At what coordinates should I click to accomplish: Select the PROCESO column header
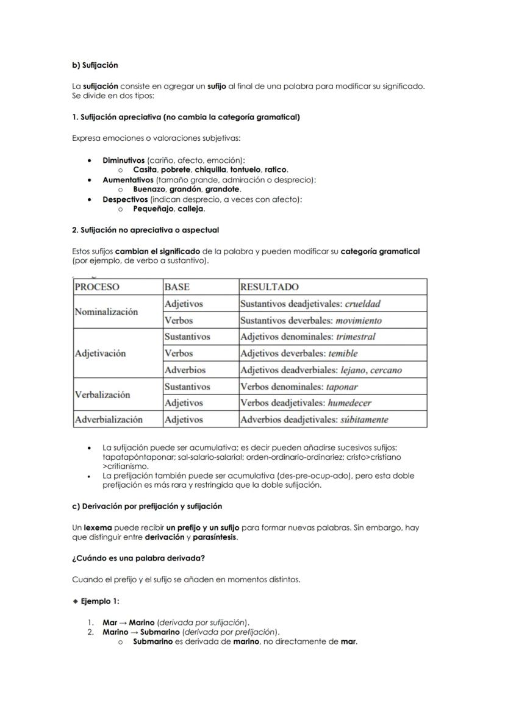[x=97, y=287]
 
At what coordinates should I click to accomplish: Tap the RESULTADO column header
[x=269, y=287]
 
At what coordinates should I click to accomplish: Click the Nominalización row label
[x=106, y=312]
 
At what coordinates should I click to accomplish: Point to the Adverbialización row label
[x=109, y=419]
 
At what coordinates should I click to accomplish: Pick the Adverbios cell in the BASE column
[x=185, y=370]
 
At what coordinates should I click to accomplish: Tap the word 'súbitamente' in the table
[x=364, y=419]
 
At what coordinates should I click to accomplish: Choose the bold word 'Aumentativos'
[x=128, y=180]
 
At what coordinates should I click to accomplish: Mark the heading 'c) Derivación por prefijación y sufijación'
[x=147, y=506]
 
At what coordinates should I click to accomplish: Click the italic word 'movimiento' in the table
[x=359, y=320]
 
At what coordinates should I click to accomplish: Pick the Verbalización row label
[x=102, y=394]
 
